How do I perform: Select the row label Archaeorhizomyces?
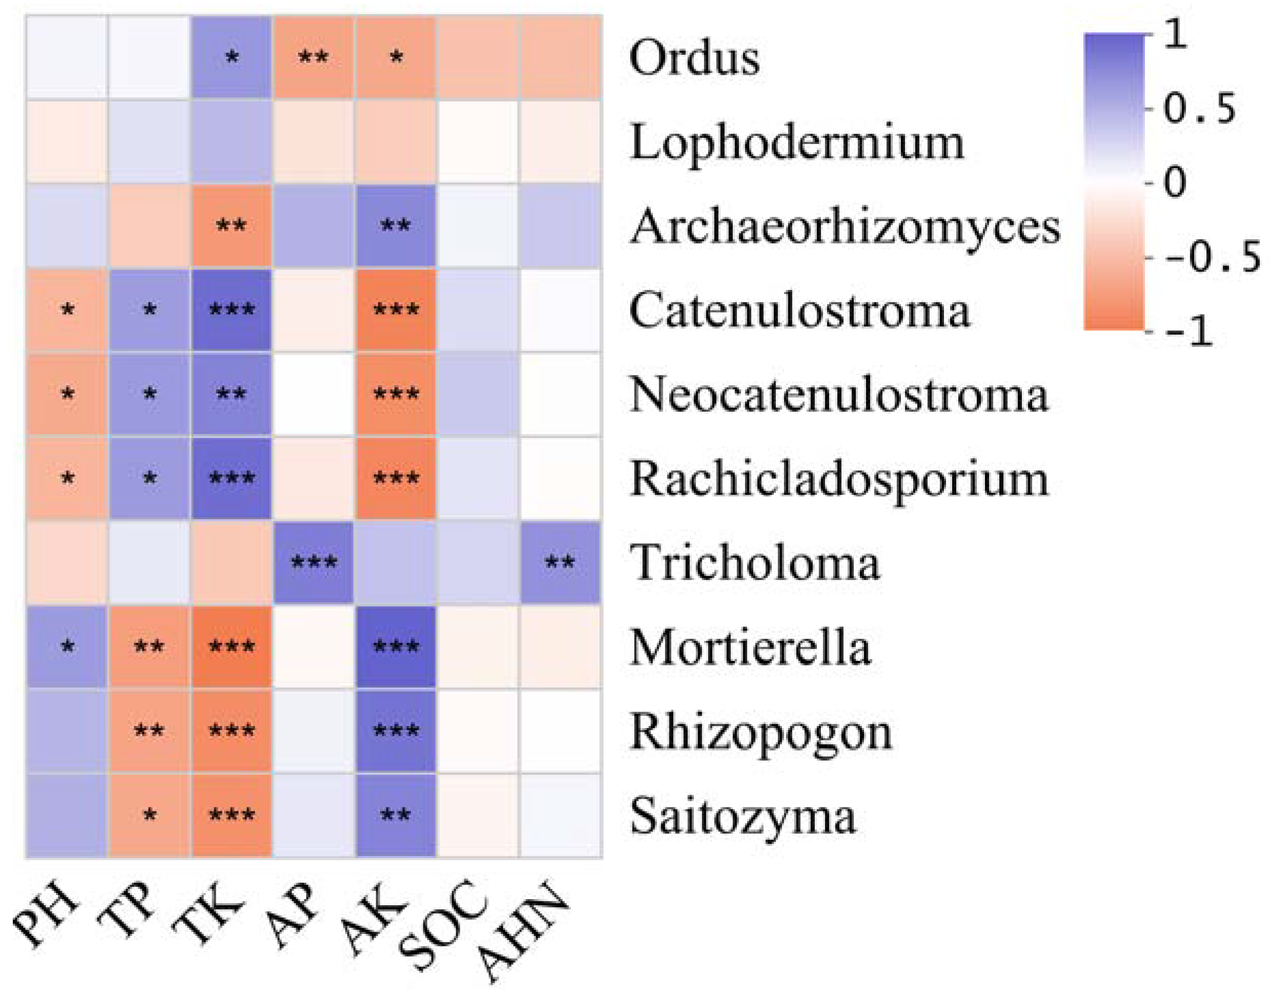point(845,227)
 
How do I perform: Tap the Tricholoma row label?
point(754,563)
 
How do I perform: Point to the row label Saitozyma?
point(743,816)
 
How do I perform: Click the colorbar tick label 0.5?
point(1199,109)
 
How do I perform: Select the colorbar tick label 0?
point(1175,182)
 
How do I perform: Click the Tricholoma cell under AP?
point(314,563)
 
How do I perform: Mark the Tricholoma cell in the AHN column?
point(560,563)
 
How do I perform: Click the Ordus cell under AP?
point(314,58)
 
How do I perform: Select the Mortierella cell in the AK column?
point(396,647)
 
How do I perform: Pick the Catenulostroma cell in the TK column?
point(232,310)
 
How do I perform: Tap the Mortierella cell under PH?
point(67,647)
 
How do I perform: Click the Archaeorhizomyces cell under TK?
point(232,226)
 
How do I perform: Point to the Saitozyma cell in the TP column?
point(150,816)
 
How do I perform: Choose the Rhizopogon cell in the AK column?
point(396,731)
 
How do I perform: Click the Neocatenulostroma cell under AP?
point(314,394)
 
